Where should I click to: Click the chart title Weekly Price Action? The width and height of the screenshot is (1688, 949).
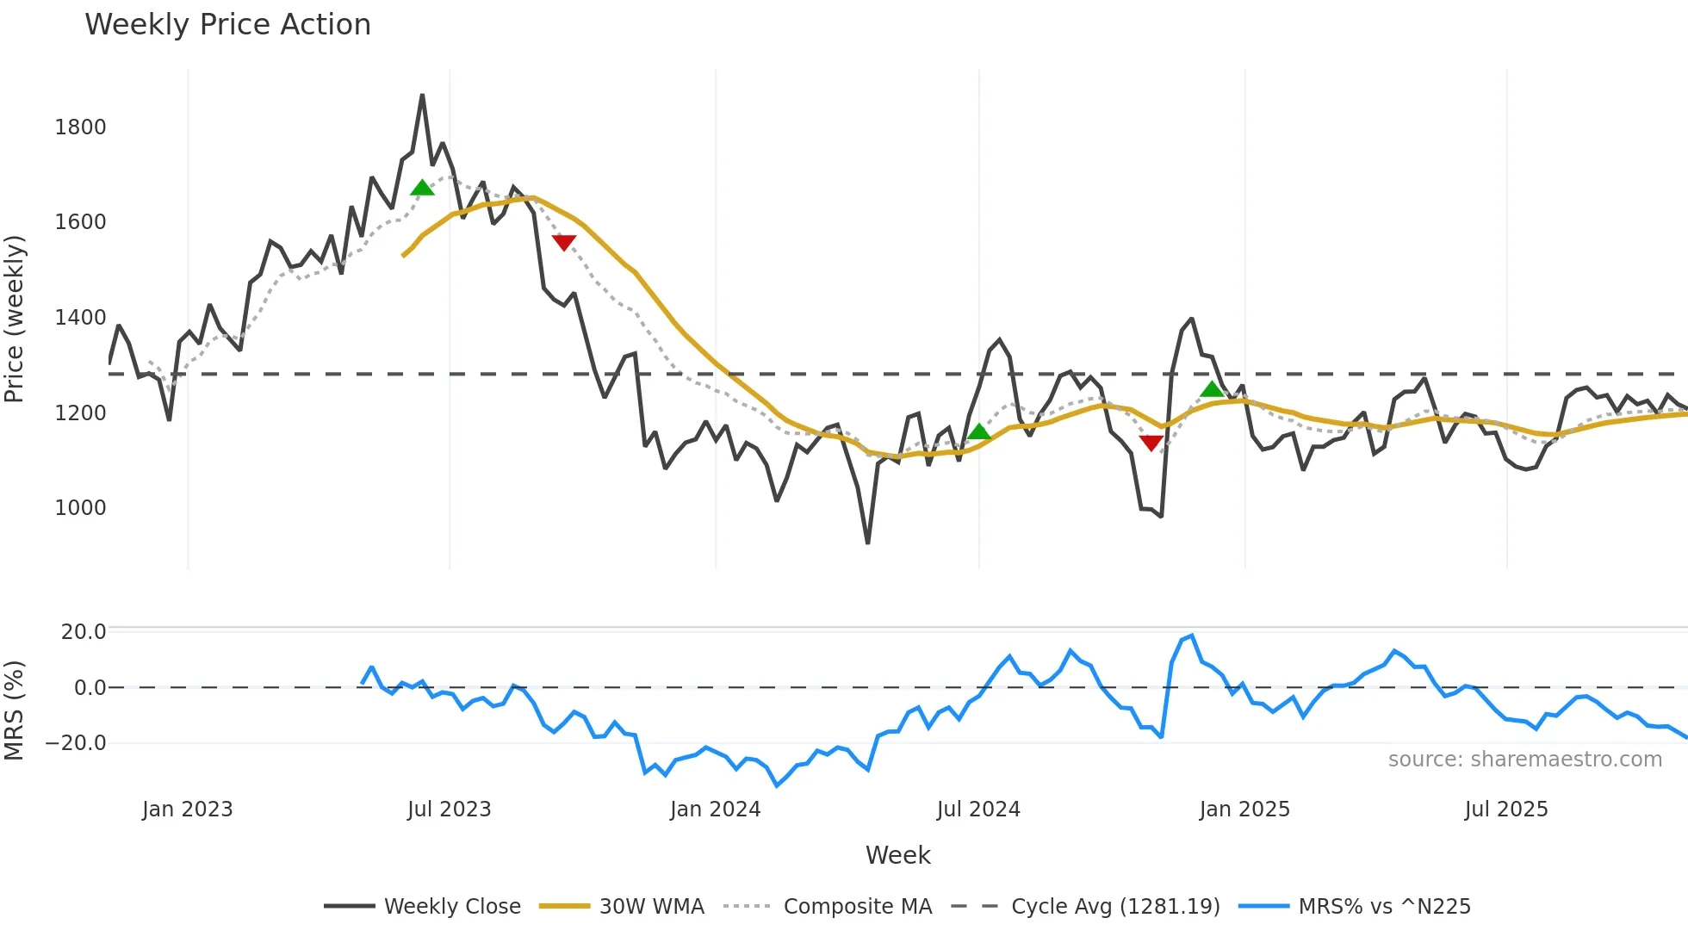point(227,25)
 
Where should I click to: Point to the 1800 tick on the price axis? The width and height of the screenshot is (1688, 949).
point(80,127)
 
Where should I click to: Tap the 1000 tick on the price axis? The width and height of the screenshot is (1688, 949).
point(80,508)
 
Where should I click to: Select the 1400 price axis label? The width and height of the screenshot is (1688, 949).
point(80,318)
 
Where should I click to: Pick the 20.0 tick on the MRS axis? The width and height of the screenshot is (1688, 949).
point(83,632)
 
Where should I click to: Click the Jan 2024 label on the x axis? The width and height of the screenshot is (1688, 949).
point(715,809)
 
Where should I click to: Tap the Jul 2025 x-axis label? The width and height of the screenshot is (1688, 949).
point(1505,809)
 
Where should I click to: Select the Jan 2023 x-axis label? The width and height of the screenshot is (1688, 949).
point(187,809)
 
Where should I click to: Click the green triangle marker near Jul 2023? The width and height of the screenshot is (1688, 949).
point(422,188)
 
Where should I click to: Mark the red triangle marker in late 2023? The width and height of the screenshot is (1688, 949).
point(563,243)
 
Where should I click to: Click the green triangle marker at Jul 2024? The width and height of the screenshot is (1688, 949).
point(978,431)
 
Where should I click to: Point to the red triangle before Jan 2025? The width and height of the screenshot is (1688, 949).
point(1151,443)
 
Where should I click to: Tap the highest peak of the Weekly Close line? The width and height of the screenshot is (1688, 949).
point(422,96)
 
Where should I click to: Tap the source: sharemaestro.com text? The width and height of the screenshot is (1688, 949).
point(1524,760)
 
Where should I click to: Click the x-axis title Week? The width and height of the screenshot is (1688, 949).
point(897,855)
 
